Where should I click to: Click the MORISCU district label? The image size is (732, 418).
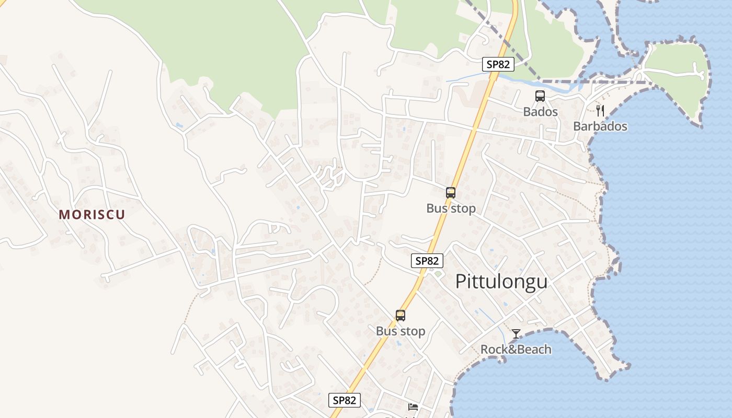coord(92,215)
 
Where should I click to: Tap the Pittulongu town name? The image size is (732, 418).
coord(501,282)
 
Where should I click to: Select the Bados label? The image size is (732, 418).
coord(540,112)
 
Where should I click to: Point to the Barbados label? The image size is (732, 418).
coord(600,126)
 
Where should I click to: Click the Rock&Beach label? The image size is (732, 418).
coord(516,349)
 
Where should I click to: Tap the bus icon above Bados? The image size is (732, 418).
coord(540,96)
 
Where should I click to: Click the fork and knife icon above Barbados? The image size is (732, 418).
coord(600,110)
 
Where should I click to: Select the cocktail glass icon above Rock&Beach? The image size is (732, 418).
coord(516,333)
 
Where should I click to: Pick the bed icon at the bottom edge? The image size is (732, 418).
coord(413,407)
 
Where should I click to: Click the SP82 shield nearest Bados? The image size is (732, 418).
coord(498,64)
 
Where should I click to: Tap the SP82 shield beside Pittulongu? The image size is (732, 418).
coord(427,261)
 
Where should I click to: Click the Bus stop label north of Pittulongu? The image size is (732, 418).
coord(451,208)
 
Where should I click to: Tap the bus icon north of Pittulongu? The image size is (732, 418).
coord(451,192)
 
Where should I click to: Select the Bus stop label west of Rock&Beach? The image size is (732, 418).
coord(401,331)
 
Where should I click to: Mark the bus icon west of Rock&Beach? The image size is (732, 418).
coord(401,316)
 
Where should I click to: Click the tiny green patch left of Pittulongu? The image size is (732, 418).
coord(438,273)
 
